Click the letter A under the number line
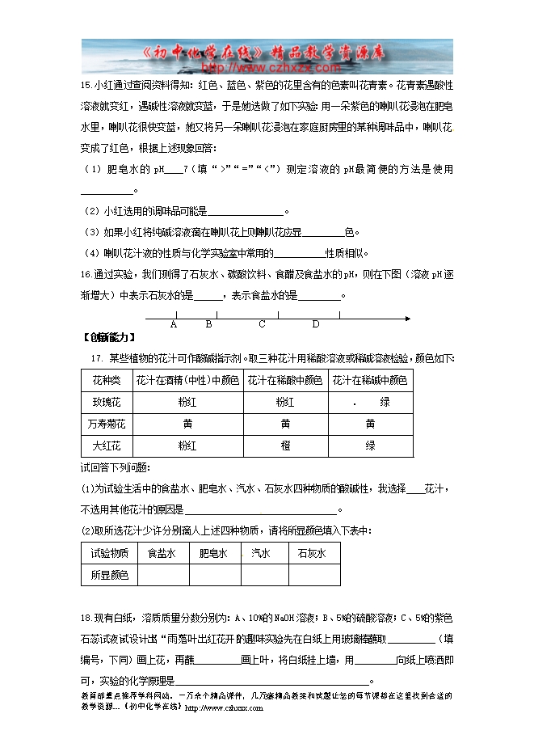174,325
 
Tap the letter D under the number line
316,325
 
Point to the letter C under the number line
262,325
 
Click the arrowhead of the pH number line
407,318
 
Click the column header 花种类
106,380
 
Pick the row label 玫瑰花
106,402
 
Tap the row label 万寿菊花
106,424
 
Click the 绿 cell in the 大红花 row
370,446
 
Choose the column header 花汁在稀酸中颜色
285,380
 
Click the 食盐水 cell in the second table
162,554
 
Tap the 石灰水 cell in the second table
312,554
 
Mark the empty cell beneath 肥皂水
214,575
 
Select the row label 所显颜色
109,575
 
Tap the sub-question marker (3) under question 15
91,232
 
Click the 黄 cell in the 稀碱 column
370,424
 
